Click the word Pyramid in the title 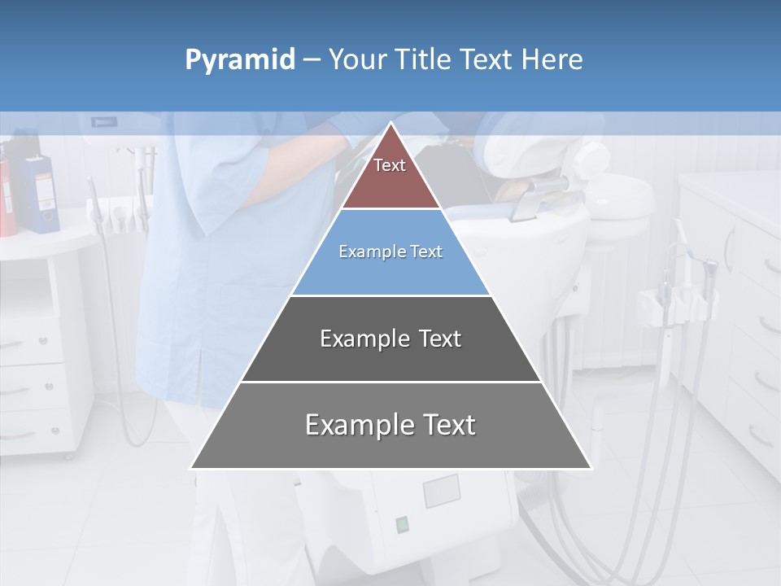239,60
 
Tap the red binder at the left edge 7,195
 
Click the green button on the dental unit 401,524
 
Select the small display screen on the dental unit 442,491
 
